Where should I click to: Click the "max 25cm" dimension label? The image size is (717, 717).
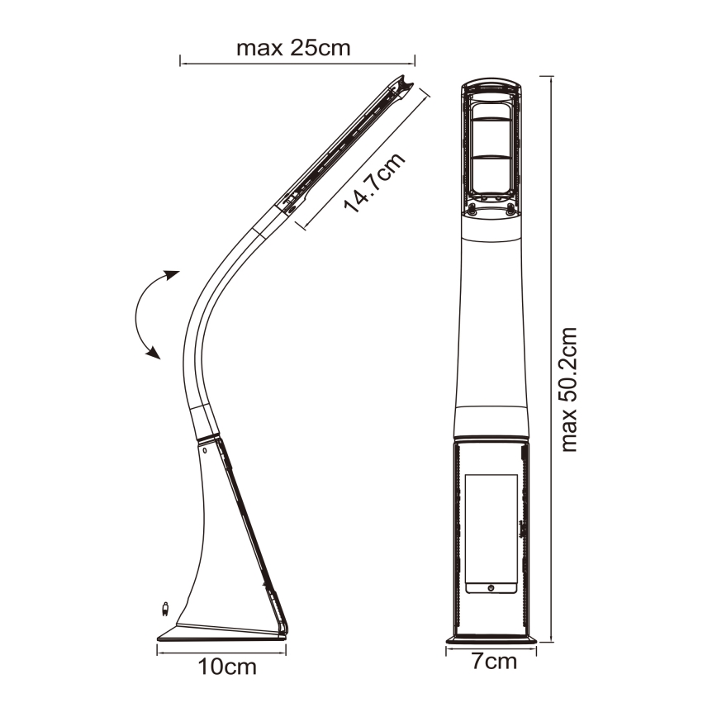tap(293, 48)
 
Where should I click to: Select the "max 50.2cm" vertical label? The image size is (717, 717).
tap(568, 389)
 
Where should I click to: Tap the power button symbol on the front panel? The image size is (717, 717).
tap(491, 587)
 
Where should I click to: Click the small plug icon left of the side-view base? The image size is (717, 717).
tap(166, 610)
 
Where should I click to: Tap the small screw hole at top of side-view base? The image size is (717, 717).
tap(202, 451)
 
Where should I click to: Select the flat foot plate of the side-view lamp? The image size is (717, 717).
tap(220, 633)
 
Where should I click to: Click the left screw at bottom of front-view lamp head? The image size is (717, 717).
tap(472, 209)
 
